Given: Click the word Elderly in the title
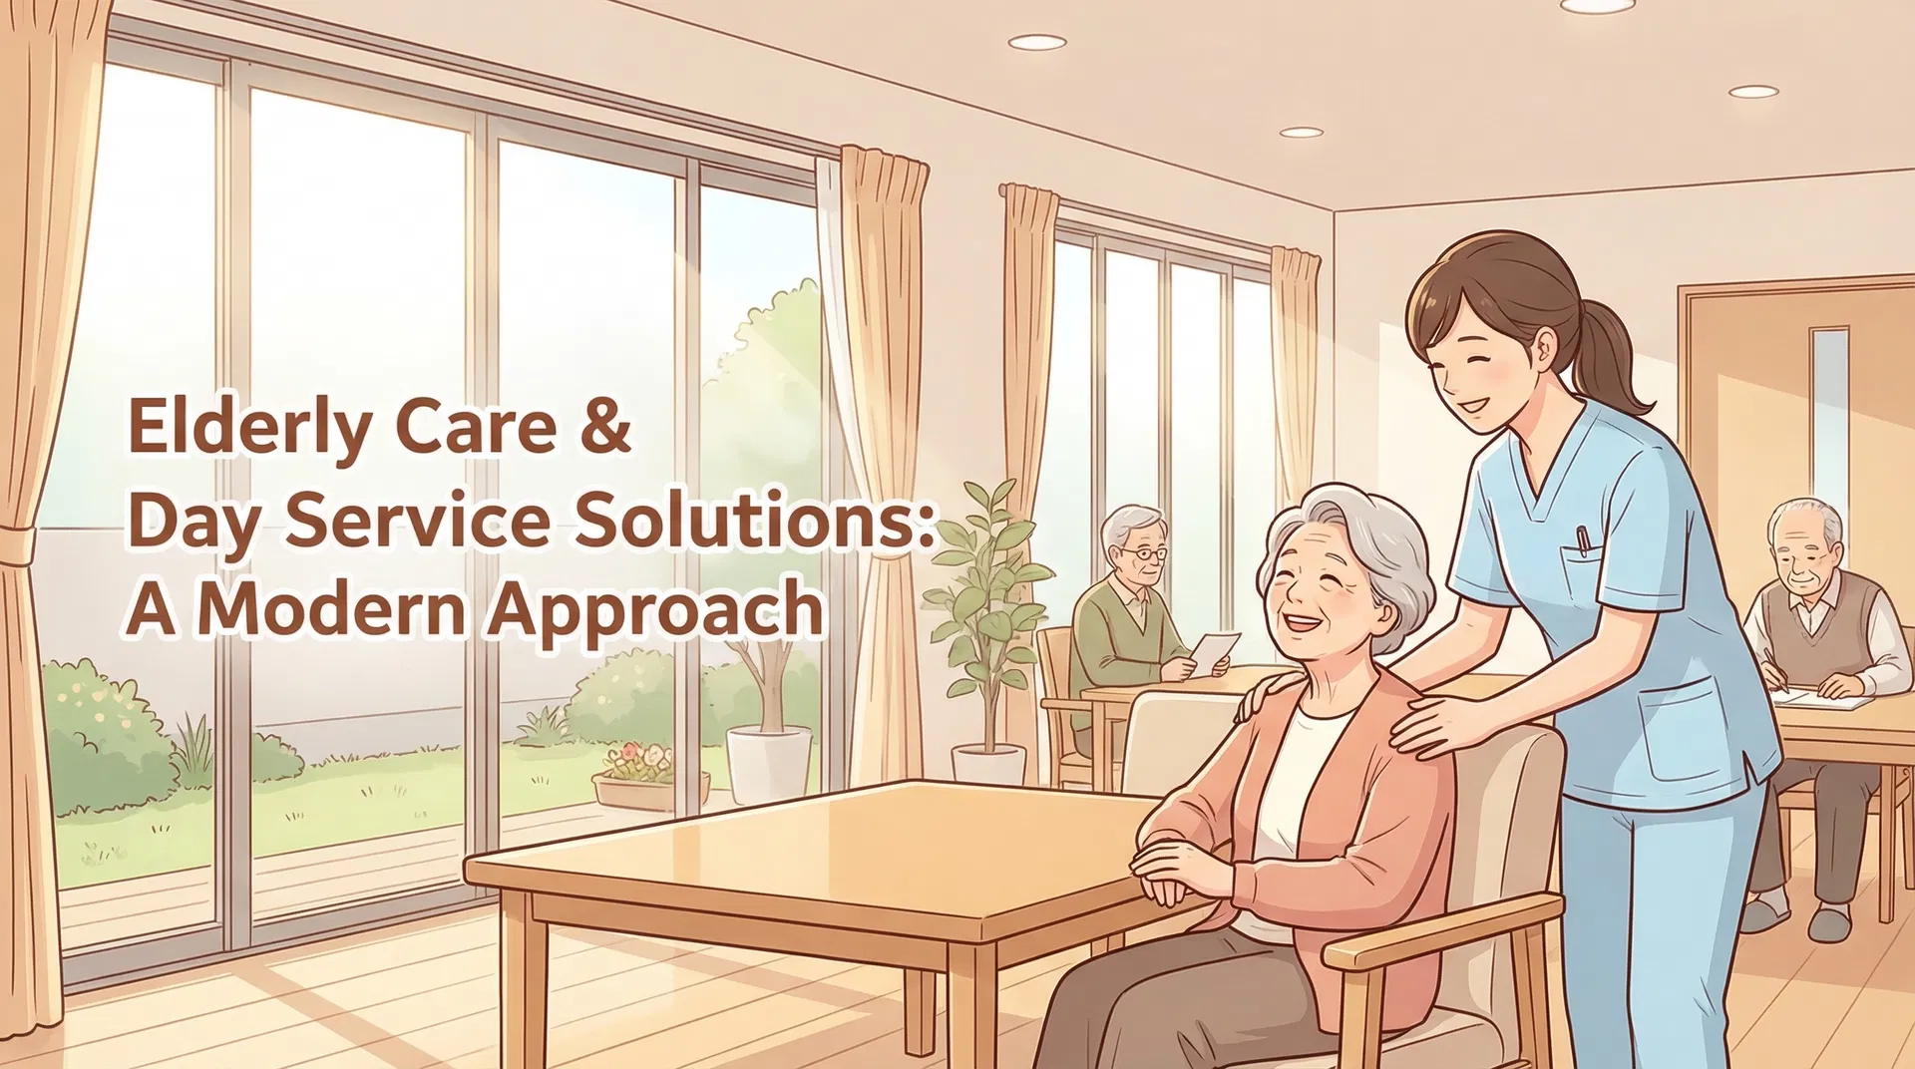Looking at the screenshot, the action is (x=249, y=427).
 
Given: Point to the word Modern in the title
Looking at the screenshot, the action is (x=332, y=607).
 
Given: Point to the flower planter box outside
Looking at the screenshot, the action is (x=649, y=789).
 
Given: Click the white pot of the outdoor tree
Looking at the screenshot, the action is (x=769, y=763).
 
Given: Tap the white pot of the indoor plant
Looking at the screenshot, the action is (x=988, y=765).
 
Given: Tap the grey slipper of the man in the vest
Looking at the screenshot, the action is (x=1828, y=923).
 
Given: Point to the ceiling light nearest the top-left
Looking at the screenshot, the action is (x=1036, y=42).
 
